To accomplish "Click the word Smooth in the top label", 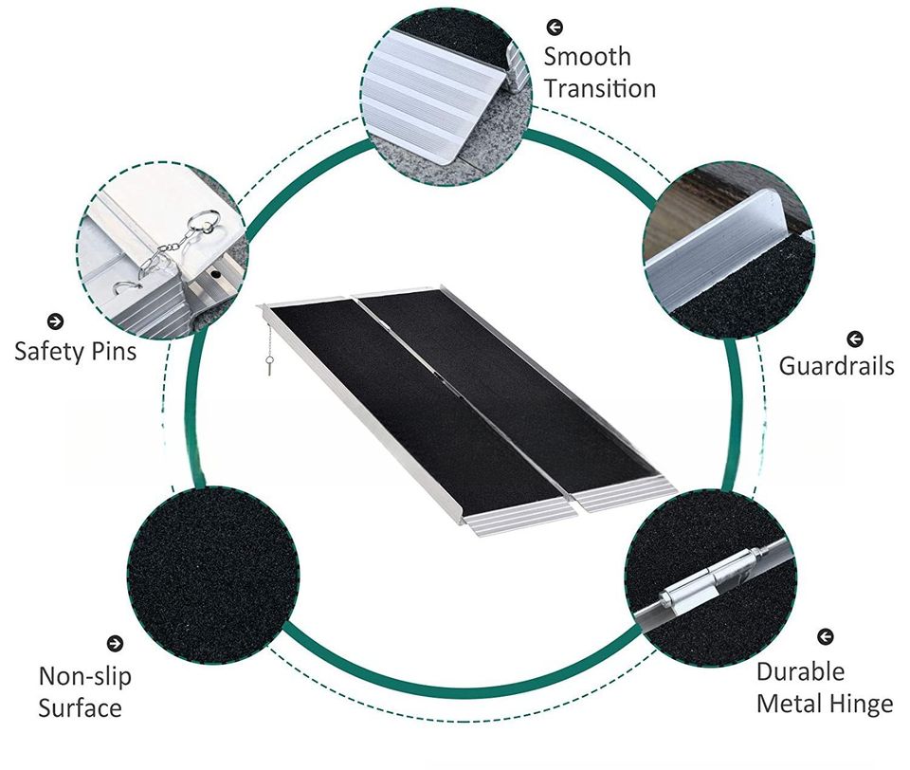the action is [x=587, y=57].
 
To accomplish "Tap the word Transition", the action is [x=599, y=89].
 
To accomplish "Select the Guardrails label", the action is [x=836, y=365].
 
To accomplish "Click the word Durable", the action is [x=800, y=671].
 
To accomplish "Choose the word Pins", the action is [x=112, y=352].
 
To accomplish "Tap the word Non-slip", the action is [x=84, y=676].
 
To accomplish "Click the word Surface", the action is [x=80, y=707].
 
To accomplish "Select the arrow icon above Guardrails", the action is [x=855, y=338].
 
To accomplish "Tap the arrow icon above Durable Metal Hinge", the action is [x=826, y=636].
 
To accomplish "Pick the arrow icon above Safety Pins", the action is [x=55, y=321].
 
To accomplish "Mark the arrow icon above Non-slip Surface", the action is [x=116, y=644].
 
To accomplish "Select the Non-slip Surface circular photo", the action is [x=212, y=575].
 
